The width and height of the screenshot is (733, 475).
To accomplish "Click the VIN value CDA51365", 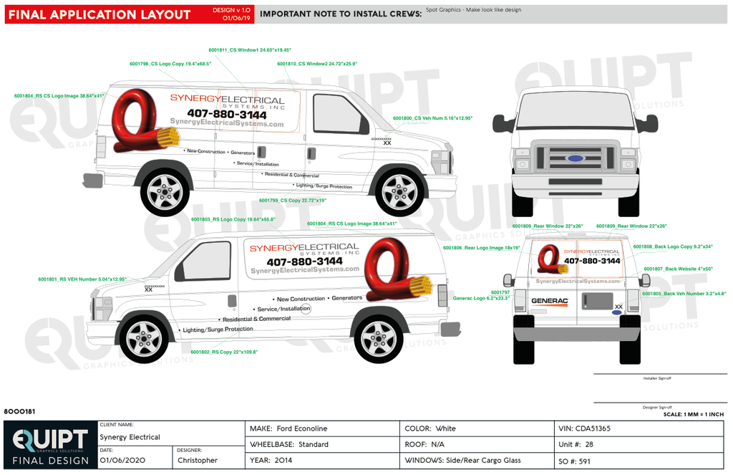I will click(x=593, y=428).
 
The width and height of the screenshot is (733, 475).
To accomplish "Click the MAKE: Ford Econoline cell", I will click(x=288, y=428).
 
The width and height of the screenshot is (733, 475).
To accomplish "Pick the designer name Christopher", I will click(x=198, y=460).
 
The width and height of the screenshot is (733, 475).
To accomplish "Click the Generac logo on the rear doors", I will click(x=549, y=302).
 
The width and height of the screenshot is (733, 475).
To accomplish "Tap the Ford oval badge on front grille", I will click(x=574, y=158).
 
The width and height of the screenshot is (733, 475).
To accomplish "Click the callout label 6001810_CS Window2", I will click(x=317, y=64).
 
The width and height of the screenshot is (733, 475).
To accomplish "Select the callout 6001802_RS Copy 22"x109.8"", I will click(x=224, y=352).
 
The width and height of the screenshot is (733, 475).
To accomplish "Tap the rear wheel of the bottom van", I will click(x=378, y=339).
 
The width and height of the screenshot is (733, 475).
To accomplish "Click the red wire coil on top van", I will click(x=138, y=123).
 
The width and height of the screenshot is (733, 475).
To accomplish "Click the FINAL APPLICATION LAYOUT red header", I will click(x=100, y=14).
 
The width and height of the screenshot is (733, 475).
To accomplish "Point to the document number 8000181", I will click(x=19, y=411).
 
